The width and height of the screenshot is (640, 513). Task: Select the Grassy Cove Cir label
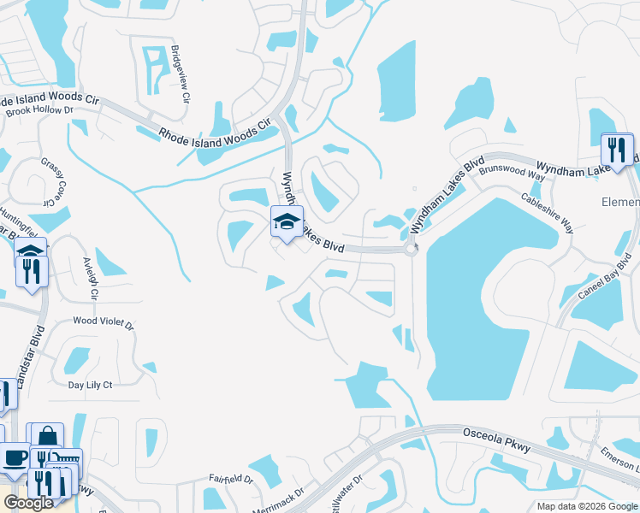[52, 180]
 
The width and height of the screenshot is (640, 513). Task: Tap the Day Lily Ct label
[90, 386]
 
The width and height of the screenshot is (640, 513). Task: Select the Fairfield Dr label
[231, 480]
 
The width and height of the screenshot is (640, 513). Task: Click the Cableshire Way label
[548, 210]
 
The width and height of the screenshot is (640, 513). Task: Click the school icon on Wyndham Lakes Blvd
[287, 222]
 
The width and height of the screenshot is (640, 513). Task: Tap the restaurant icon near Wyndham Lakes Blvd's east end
[616, 150]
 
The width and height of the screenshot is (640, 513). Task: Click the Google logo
[28, 503]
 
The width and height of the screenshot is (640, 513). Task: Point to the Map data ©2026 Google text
[587, 506]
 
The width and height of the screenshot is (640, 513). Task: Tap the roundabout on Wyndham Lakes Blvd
[410, 250]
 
